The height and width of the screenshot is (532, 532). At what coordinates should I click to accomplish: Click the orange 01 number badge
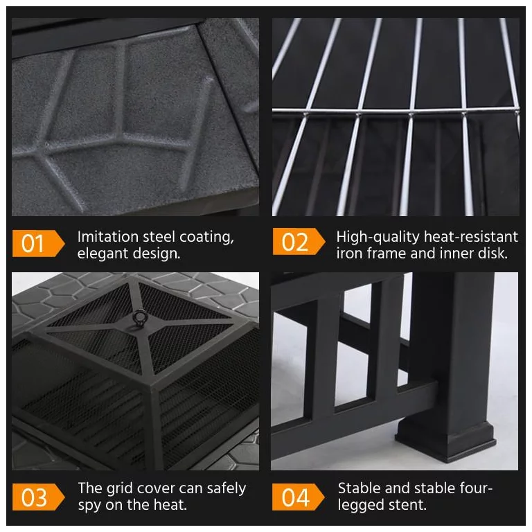(x=38, y=243)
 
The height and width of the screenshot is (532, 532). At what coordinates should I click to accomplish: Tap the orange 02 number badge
(x=299, y=241)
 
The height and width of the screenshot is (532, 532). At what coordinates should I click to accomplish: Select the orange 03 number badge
(x=38, y=497)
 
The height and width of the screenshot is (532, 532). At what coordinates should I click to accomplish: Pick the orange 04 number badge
(x=299, y=497)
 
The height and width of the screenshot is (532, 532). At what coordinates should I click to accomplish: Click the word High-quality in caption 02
(x=378, y=237)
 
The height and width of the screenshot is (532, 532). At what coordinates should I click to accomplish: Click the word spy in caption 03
(x=89, y=506)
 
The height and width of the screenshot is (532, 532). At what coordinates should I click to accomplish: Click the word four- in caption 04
(x=476, y=488)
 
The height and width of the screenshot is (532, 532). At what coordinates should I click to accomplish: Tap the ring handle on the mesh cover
(x=139, y=318)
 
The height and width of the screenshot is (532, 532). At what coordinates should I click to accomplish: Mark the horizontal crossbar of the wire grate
(x=396, y=112)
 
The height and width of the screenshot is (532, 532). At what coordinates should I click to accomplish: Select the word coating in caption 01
(x=206, y=238)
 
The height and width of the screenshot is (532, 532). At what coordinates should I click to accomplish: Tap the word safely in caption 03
(x=227, y=489)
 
